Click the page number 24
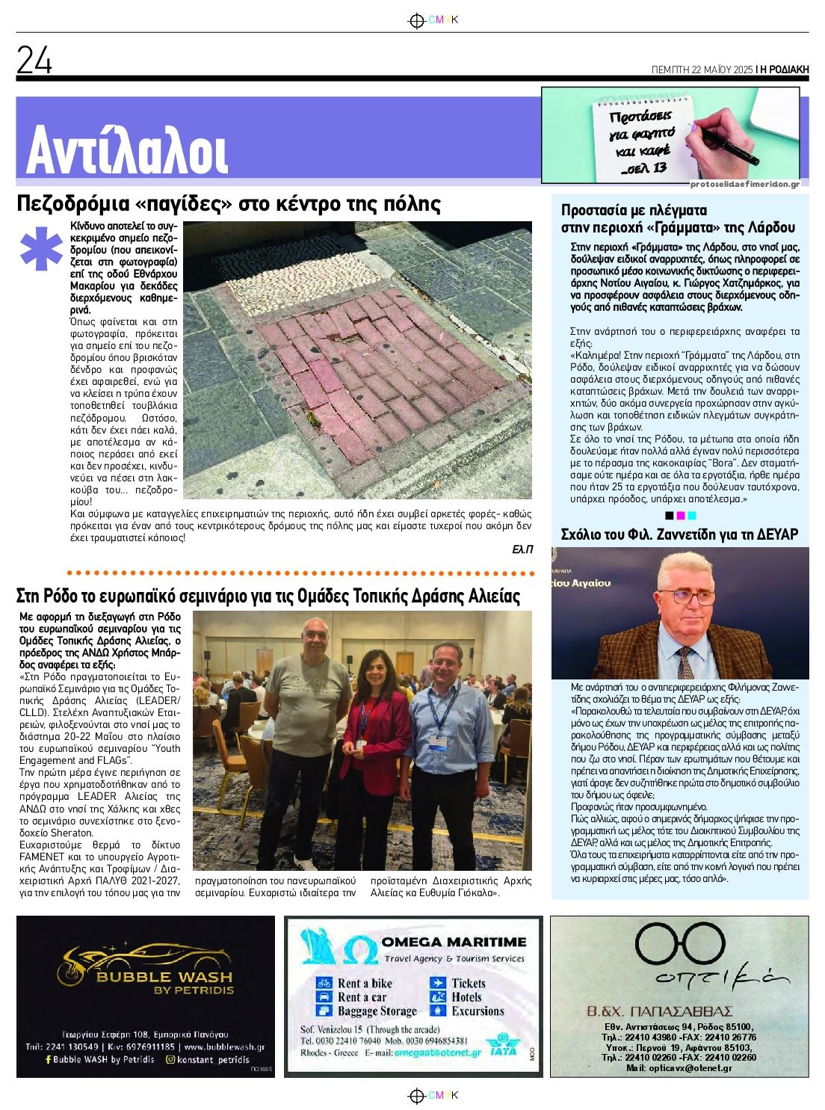tap(34, 61)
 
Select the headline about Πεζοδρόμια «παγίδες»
tap(229, 204)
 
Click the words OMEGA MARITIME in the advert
tap(454, 942)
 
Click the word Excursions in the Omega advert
tap(478, 1011)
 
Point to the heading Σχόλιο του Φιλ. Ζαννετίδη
tap(679, 534)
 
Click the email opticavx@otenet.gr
tap(679, 1068)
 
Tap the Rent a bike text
tap(365, 984)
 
